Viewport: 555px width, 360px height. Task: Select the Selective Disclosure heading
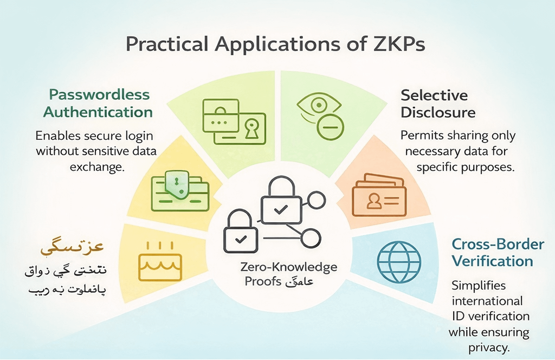(438, 104)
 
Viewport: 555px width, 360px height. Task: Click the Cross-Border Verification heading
(498, 253)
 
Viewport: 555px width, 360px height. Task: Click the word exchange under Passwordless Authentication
(97, 166)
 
